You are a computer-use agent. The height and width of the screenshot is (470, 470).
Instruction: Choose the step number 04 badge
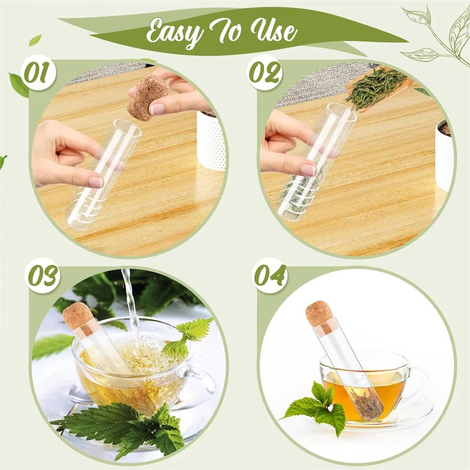tap(270, 275)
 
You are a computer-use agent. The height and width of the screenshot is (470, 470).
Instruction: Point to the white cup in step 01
tap(211, 141)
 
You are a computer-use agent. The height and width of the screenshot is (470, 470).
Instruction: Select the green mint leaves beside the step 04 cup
tap(317, 405)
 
